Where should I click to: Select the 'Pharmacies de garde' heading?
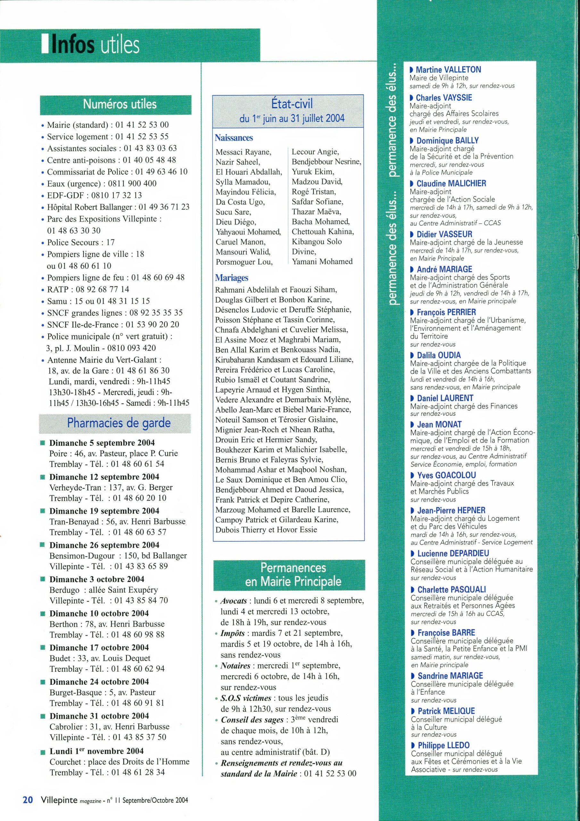[x=119, y=423]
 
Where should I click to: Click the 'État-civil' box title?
[x=292, y=104]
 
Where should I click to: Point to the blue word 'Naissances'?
[x=234, y=138]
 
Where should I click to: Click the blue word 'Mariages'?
[x=232, y=278]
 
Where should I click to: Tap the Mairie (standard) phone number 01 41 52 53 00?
[x=142, y=125]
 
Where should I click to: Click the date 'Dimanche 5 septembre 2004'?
[x=102, y=443]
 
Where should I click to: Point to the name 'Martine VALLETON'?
[x=448, y=69]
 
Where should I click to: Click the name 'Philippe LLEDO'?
[x=443, y=745]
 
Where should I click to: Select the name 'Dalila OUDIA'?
[x=439, y=355]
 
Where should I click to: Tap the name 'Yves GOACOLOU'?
[x=446, y=475]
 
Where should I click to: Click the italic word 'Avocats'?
[x=234, y=601]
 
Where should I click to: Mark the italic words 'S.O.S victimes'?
[x=246, y=698]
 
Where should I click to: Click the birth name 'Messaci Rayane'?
[x=243, y=152]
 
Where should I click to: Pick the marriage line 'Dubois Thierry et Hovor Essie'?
[x=266, y=529]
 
